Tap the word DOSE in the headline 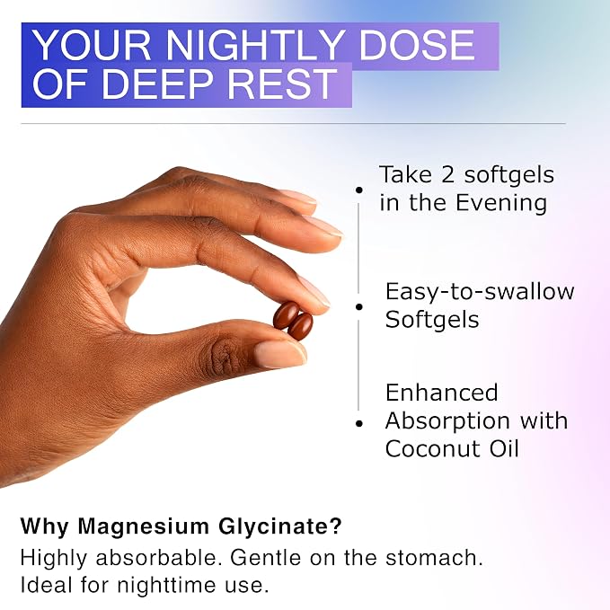(x=416, y=45)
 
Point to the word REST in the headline (x=282, y=84)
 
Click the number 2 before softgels (x=447, y=174)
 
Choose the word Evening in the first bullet (x=501, y=203)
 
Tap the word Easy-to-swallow (x=480, y=292)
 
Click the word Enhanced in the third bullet (x=441, y=393)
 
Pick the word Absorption (x=447, y=421)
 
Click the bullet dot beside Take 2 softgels (x=359, y=190)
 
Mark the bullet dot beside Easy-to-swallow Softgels (x=359, y=307)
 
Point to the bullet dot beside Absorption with (x=359, y=424)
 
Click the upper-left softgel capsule (x=286, y=314)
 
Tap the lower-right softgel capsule (x=300, y=327)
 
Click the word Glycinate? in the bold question (x=279, y=527)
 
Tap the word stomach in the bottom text (x=434, y=558)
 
